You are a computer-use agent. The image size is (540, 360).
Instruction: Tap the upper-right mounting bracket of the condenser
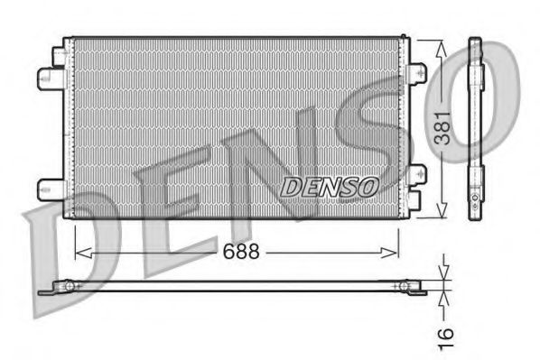click(x=416, y=73)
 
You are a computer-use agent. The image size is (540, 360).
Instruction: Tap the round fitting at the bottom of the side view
click(x=474, y=195)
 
